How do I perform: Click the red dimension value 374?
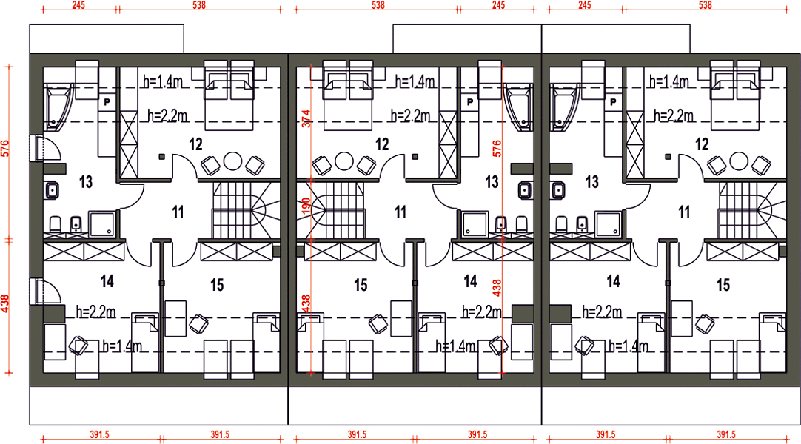coord(306,119)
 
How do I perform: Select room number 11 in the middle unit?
coord(400,212)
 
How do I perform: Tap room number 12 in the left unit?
coord(195,144)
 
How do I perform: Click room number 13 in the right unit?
coord(591,182)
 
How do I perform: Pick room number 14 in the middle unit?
coord(470,281)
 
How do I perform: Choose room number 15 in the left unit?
coord(217,285)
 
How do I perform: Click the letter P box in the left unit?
coord(107,102)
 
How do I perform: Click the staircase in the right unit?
coord(752,210)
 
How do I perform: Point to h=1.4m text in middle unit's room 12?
coord(415,81)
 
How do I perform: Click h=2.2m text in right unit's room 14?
coord(602,312)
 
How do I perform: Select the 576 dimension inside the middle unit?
coord(497,148)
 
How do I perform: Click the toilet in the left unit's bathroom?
coord(56,224)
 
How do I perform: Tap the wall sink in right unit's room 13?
coord(559,191)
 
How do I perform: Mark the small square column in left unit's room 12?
coord(161,157)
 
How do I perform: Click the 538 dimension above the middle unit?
coord(378,5)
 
